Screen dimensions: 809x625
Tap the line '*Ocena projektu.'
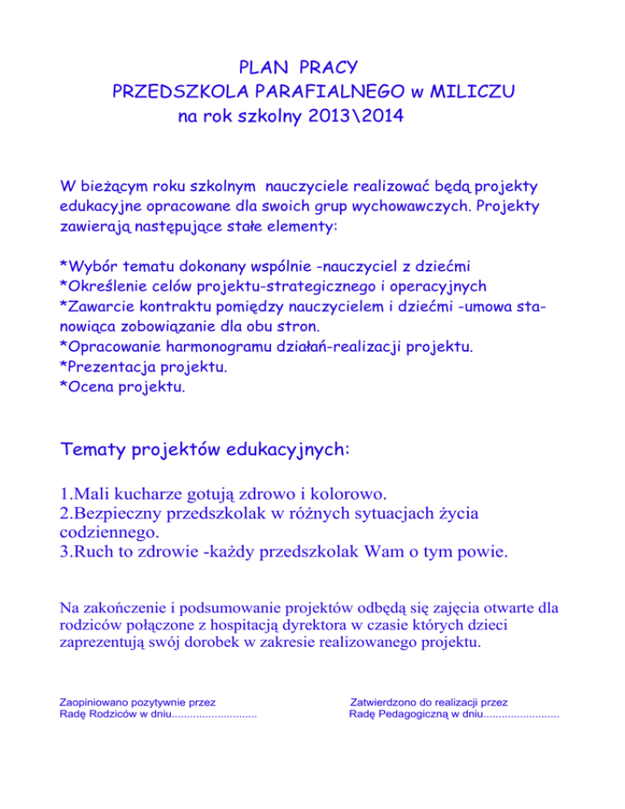(122, 387)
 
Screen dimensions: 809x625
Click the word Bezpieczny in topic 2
(126, 514)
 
